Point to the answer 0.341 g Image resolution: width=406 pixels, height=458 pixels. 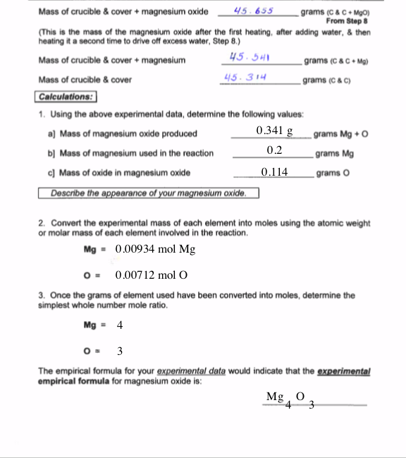click(x=275, y=131)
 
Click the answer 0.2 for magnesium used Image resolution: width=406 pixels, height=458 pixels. click(x=275, y=150)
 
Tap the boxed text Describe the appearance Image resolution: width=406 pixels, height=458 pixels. click(x=148, y=192)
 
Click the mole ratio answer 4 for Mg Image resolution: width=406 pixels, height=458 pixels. click(x=120, y=327)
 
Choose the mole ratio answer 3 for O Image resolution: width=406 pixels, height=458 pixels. click(x=120, y=351)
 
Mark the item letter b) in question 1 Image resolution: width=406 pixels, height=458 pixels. click(x=51, y=152)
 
